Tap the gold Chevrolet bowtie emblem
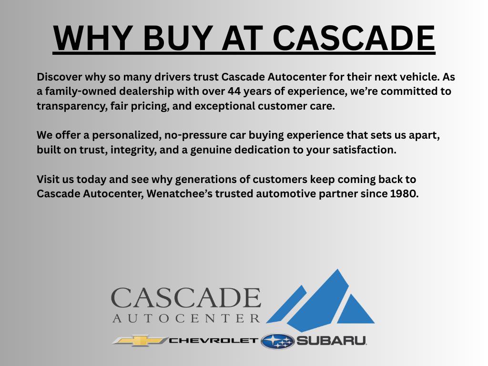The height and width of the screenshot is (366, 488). pyautogui.click(x=140, y=340)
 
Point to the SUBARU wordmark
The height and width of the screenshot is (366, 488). pyautogui.click(x=331, y=341)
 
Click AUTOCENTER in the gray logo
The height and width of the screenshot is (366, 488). pyautogui.click(x=186, y=318)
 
